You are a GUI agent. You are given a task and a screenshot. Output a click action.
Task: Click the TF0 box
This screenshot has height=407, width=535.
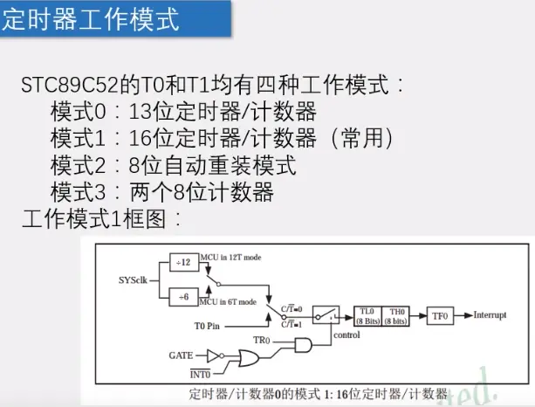pos(442,314)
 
